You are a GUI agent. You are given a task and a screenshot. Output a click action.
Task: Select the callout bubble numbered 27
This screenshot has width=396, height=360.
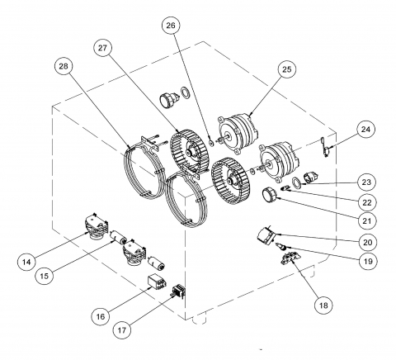pyautogui.click(x=102, y=49)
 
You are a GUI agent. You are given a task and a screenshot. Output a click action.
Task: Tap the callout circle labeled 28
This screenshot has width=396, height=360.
pyautogui.click(x=64, y=66)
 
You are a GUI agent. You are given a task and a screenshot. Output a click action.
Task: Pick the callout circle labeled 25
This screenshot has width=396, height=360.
pyautogui.click(x=286, y=69)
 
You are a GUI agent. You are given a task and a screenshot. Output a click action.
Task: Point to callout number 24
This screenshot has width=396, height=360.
pyautogui.click(x=365, y=130)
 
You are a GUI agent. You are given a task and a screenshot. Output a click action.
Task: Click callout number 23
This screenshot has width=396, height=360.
pyautogui.click(x=366, y=182)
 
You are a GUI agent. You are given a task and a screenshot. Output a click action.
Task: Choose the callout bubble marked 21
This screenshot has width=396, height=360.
pyautogui.click(x=367, y=220)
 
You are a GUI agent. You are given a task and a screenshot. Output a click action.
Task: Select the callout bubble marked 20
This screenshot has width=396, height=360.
pyautogui.click(x=368, y=243)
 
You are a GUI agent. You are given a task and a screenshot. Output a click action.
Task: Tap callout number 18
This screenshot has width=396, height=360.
pyautogui.click(x=324, y=306)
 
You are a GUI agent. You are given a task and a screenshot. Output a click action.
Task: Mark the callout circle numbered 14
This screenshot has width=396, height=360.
pyautogui.click(x=26, y=262)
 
